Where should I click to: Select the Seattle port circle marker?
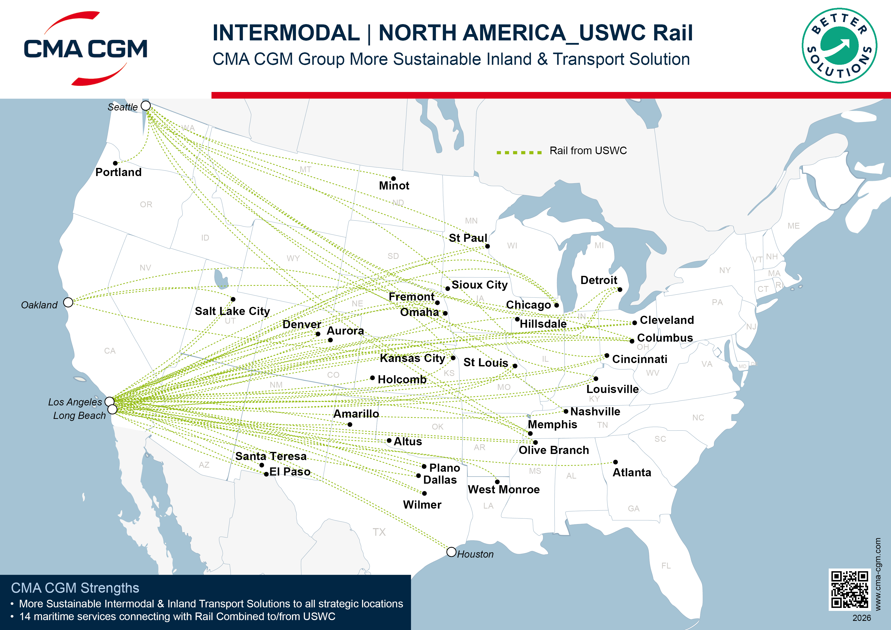pos(146,106)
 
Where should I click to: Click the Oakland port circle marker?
pos(68,302)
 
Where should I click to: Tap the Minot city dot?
pos(393,179)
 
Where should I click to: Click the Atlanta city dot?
pos(615,462)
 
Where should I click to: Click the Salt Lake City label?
pos(232,311)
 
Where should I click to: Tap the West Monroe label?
pos(503,490)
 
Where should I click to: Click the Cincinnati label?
pos(640,359)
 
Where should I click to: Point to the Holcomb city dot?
pos(373,378)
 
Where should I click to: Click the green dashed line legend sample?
pos(519,153)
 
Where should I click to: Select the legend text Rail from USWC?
pos(588,151)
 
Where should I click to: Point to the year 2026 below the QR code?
pos(862,618)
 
